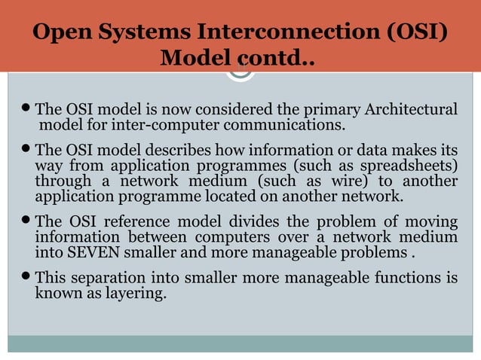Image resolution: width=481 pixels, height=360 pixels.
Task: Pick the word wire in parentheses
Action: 351,182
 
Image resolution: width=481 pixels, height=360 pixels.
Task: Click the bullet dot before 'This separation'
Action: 29,276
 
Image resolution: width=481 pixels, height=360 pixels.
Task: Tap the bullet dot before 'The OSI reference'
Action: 29,221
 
